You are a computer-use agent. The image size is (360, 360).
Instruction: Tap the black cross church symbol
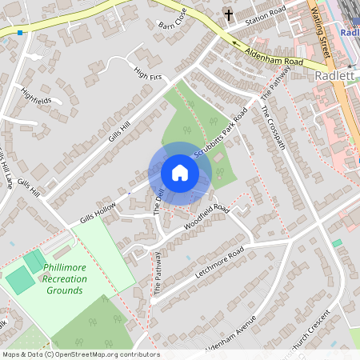click(228, 15)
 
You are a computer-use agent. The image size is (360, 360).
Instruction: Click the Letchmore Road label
click(218, 265)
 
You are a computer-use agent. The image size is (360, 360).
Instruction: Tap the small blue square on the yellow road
click(19, 33)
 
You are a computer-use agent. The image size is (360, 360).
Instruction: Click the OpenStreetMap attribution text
click(80, 354)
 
